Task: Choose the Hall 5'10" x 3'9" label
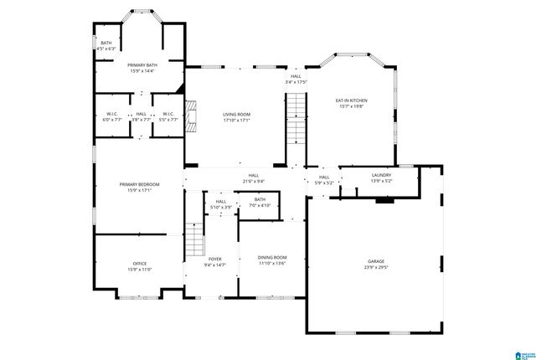point(220,204)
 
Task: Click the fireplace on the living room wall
point(190,116)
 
